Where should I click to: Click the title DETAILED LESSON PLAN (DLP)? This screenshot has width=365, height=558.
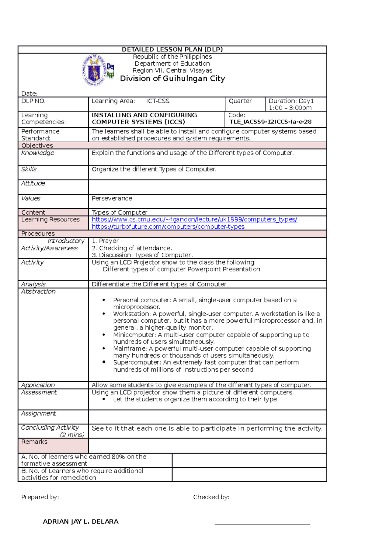click(x=172, y=50)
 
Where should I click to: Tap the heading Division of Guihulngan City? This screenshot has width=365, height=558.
click(x=172, y=79)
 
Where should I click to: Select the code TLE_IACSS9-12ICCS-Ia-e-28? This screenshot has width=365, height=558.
click(x=270, y=122)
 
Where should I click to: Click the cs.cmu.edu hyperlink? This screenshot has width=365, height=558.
click(x=194, y=220)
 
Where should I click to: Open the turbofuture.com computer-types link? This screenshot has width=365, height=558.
click(x=168, y=227)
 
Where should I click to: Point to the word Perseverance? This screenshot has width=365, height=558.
click(x=112, y=199)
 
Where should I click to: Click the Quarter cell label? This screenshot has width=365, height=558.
click(x=240, y=101)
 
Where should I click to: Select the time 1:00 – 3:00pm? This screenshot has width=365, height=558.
click(x=290, y=108)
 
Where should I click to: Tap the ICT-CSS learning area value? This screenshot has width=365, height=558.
click(x=158, y=101)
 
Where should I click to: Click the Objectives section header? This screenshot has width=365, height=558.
click(x=37, y=146)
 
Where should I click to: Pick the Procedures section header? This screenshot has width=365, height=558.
click(x=38, y=234)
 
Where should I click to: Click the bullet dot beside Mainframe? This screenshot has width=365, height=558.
click(x=104, y=348)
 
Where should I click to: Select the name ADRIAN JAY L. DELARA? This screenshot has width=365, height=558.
click(x=81, y=522)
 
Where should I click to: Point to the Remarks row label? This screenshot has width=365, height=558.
click(x=34, y=442)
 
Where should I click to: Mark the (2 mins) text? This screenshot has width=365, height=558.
click(x=72, y=435)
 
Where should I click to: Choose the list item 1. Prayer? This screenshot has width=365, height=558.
click(x=105, y=241)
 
